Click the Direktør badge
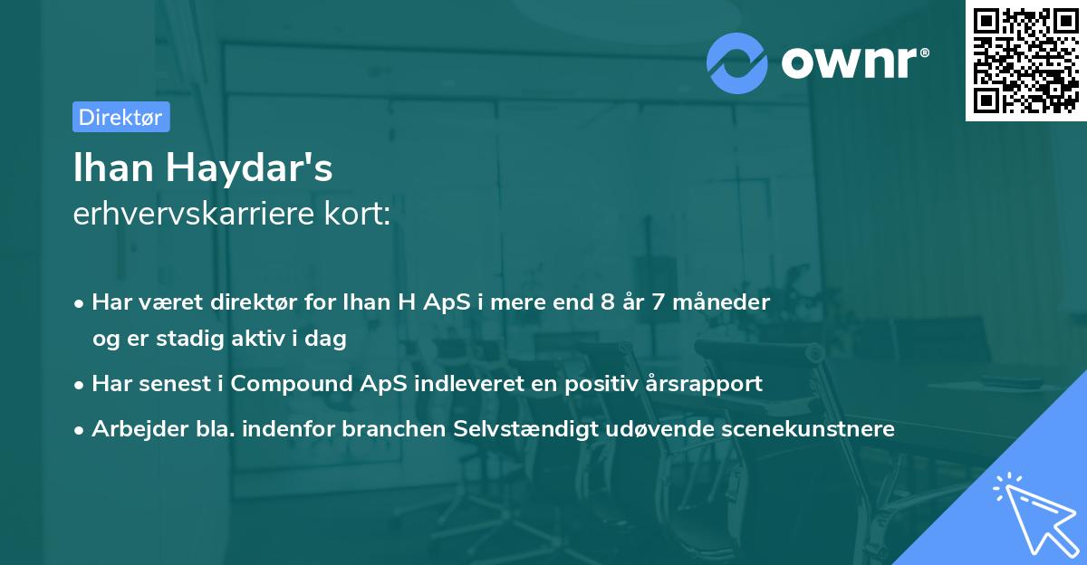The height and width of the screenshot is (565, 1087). pos(120,117)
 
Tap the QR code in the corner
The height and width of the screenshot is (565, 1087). pos(1026,60)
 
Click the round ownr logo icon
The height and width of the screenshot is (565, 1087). pos(737,63)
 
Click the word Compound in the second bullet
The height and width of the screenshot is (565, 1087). pos(289,383)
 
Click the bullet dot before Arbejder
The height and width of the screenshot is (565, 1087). pos(81,430)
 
